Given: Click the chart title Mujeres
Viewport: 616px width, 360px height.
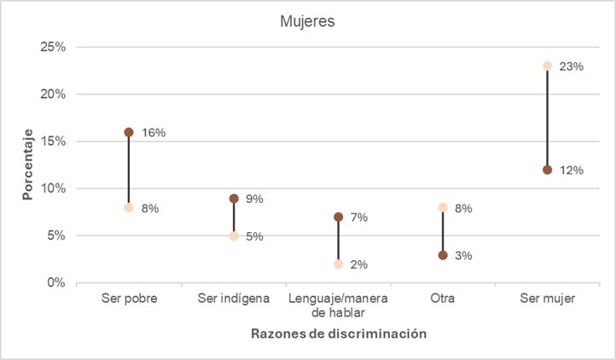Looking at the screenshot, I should pyautogui.click(x=307, y=21).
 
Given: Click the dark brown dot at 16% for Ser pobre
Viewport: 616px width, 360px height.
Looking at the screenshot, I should pyautogui.click(x=129, y=132).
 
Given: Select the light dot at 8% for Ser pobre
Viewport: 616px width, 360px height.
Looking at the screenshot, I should pyautogui.click(x=129, y=207).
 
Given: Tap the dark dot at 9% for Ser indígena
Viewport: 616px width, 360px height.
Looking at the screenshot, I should pyautogui.click(x=234, y=198).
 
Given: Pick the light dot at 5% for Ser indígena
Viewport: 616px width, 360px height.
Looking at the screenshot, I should pyautogui.click(x=234, y=236).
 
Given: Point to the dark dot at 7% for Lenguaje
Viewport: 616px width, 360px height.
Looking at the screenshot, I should pyautogui.click(x=338, y=217).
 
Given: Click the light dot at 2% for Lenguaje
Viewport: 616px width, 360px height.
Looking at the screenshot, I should pyautogui.click(x=338, y=264).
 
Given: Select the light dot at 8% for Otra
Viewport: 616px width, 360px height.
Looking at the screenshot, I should pyautogui.click(x=443, y=207).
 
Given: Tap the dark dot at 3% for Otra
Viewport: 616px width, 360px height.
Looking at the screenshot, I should pyautogui.click(x=443, y=255).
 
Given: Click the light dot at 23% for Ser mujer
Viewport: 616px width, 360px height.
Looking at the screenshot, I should pyautogui.click(x=547, y=66).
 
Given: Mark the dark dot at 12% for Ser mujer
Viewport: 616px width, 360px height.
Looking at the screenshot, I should pyautogui.click(x=547, y=170).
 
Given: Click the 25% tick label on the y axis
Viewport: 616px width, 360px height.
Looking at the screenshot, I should pyautogui.click(x=53, y=47).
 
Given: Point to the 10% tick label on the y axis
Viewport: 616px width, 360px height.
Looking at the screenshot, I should pyautogui.click(x=53, y=189).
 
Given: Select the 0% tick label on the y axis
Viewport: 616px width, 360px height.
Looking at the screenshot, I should pyautogui.click(x=56, y=283).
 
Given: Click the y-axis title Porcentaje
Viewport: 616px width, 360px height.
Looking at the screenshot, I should pyautogui.click(x=27, y=165).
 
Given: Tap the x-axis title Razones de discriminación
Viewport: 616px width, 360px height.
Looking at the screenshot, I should pyautogui.click(x=338, y=334).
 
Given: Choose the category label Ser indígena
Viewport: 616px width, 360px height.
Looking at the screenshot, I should pyautogui.click(x=234, y=299).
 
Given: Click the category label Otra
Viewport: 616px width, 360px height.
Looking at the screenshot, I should pyautogui.click(x=443, y=299).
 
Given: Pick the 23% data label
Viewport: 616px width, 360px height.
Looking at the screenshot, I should pyautogui.click(x=572, y=67).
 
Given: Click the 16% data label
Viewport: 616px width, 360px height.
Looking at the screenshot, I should pyautogui.click(x=154, y=133).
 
